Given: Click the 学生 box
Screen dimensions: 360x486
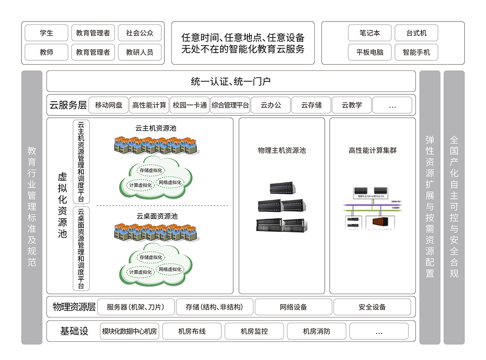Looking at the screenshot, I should pos(46,33).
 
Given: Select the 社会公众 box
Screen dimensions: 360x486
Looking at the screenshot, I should pos(139,33).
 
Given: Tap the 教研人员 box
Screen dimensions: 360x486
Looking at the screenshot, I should pos(139,52).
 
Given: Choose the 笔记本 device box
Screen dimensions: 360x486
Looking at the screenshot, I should pos(369,33).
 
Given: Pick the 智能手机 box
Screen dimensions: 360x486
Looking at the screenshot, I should pos(416,52).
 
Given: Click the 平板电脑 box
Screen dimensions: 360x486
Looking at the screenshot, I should pos(369,52).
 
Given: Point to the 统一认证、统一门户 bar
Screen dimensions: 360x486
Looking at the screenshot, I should pos(231,81).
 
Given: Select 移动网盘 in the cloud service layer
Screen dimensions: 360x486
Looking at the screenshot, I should pos(109,105).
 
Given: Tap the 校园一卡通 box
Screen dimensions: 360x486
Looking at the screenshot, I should pos(190,105).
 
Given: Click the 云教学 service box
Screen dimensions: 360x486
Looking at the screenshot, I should pos(352,105).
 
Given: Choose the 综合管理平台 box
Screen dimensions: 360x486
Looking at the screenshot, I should pos(230,105).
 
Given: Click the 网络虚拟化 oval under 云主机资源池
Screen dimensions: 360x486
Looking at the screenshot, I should pos(170,182).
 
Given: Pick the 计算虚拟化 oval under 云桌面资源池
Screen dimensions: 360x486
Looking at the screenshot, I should pos(140,272).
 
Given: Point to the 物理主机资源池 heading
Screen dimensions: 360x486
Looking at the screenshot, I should pos(281,151).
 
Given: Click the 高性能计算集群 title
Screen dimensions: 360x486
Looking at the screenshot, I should pos(373,151).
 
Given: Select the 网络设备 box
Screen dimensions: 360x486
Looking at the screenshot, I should pos(293,307).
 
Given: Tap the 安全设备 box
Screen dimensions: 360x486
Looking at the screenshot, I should pos(372,307).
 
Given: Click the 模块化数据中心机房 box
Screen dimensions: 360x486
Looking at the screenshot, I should pos(130,331).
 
